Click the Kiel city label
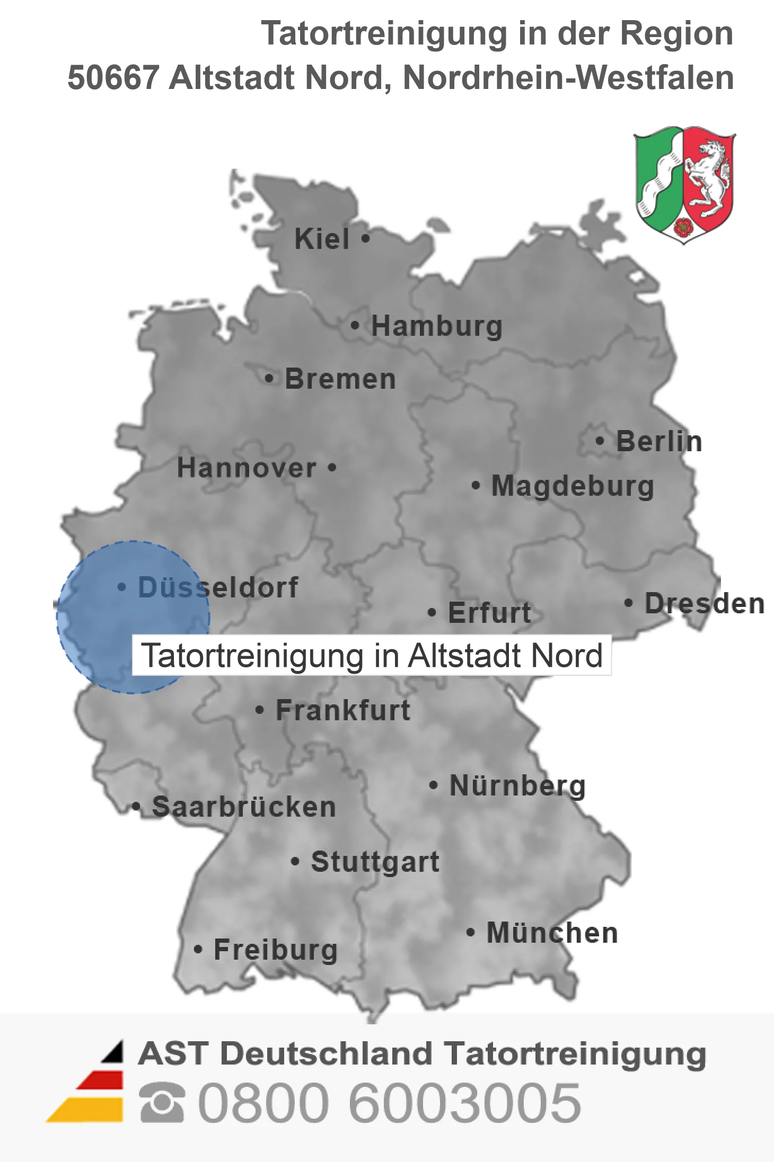coord(322,239)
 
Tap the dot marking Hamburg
coord(355,325)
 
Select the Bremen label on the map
coord(340,379)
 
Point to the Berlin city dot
coord(600,441)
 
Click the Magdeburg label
coord(573,486)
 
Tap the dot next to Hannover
coord(332,467)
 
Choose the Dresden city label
coord(704,604)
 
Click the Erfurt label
coord(489,613)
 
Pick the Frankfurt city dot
coord(259,710)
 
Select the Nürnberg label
coord(517,785)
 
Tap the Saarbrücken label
coord(244,807)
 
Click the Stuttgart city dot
coord(295,861)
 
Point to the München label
coord(552,933)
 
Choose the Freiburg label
coord(275,950)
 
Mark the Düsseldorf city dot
coord(122,587)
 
